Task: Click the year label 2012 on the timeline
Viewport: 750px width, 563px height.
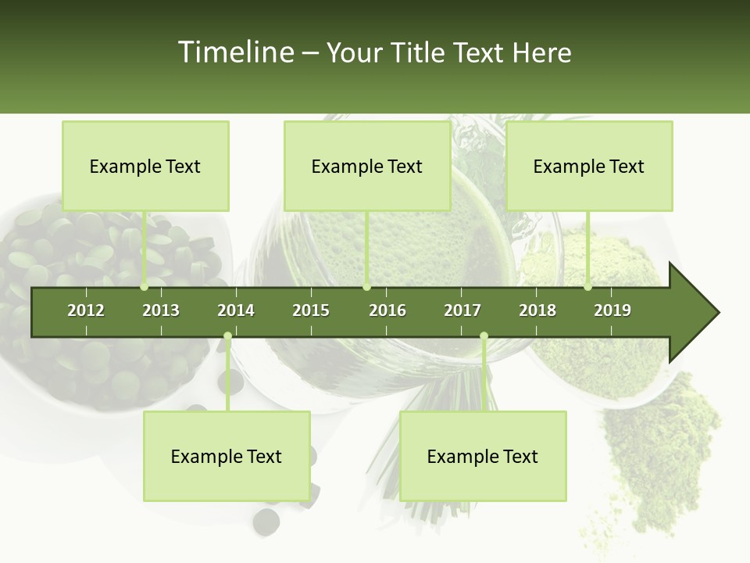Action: pos(86,310)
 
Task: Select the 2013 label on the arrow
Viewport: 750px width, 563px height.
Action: pos(161,310)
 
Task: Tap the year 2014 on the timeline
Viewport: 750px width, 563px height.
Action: pos(236,310)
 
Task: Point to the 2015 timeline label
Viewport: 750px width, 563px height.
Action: pos(311,310)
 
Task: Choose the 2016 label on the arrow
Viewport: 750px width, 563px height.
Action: pos(387,310)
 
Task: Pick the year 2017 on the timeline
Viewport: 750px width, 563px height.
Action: pos(462,310)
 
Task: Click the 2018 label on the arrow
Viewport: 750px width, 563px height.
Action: pos(537,310)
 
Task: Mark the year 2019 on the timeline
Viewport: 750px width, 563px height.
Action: pos(612,310)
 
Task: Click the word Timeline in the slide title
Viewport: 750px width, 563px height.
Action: pos(236,52)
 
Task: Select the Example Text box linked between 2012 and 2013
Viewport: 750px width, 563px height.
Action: pos(145,166)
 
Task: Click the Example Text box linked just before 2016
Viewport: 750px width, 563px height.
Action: pos(367,166)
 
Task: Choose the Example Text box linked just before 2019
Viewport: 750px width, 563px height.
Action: pos(589,166)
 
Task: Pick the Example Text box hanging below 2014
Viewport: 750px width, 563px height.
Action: pos(227,456)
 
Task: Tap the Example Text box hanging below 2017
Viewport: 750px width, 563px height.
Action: pos(483,456)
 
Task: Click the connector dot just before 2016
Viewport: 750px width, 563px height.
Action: pos(367,287)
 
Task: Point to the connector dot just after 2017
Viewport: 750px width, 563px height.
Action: pos(484,336)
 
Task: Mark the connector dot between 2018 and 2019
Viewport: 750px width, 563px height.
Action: pos(588,287)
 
